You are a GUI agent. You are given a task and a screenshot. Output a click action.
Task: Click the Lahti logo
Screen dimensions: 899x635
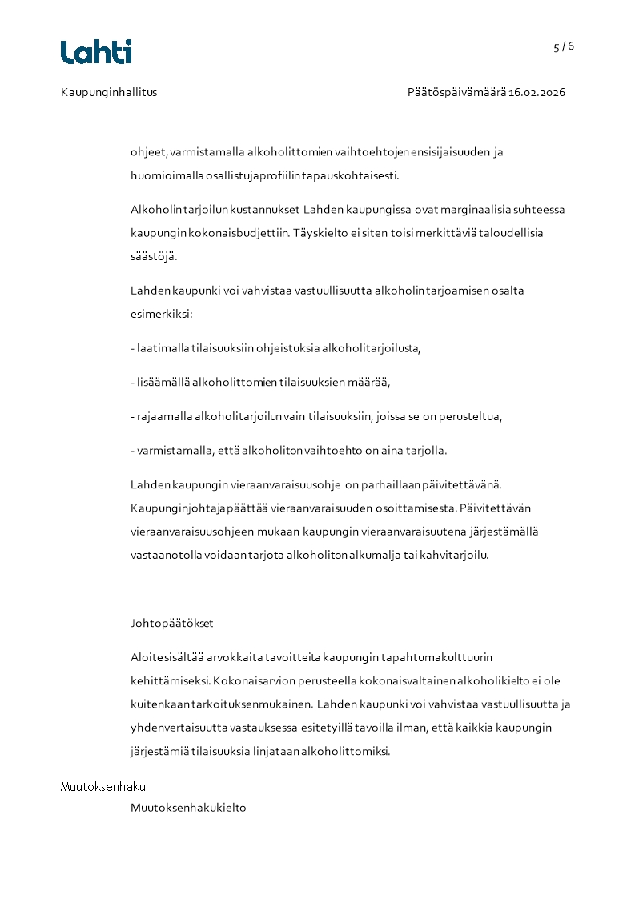point(96,52)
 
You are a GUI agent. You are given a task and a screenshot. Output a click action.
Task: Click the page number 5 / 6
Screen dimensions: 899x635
point(564,46)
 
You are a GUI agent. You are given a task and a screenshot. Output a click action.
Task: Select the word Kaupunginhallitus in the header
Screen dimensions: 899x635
point(109,92)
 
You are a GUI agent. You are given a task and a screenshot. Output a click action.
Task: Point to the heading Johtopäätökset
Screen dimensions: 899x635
point(172,623)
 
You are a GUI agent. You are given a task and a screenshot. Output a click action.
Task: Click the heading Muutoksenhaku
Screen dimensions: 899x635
point(103,787)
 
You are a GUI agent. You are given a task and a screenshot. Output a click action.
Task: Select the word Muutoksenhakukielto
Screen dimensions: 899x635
point(188,808)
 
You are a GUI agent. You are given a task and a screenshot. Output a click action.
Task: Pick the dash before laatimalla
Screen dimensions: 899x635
point(132,348)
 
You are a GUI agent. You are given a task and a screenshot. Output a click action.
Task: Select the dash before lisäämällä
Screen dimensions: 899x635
point(132,383)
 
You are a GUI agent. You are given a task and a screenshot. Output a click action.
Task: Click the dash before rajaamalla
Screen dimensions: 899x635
point(132,417)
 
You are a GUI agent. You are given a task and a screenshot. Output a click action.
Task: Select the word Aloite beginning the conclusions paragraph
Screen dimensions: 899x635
point(146,657)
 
